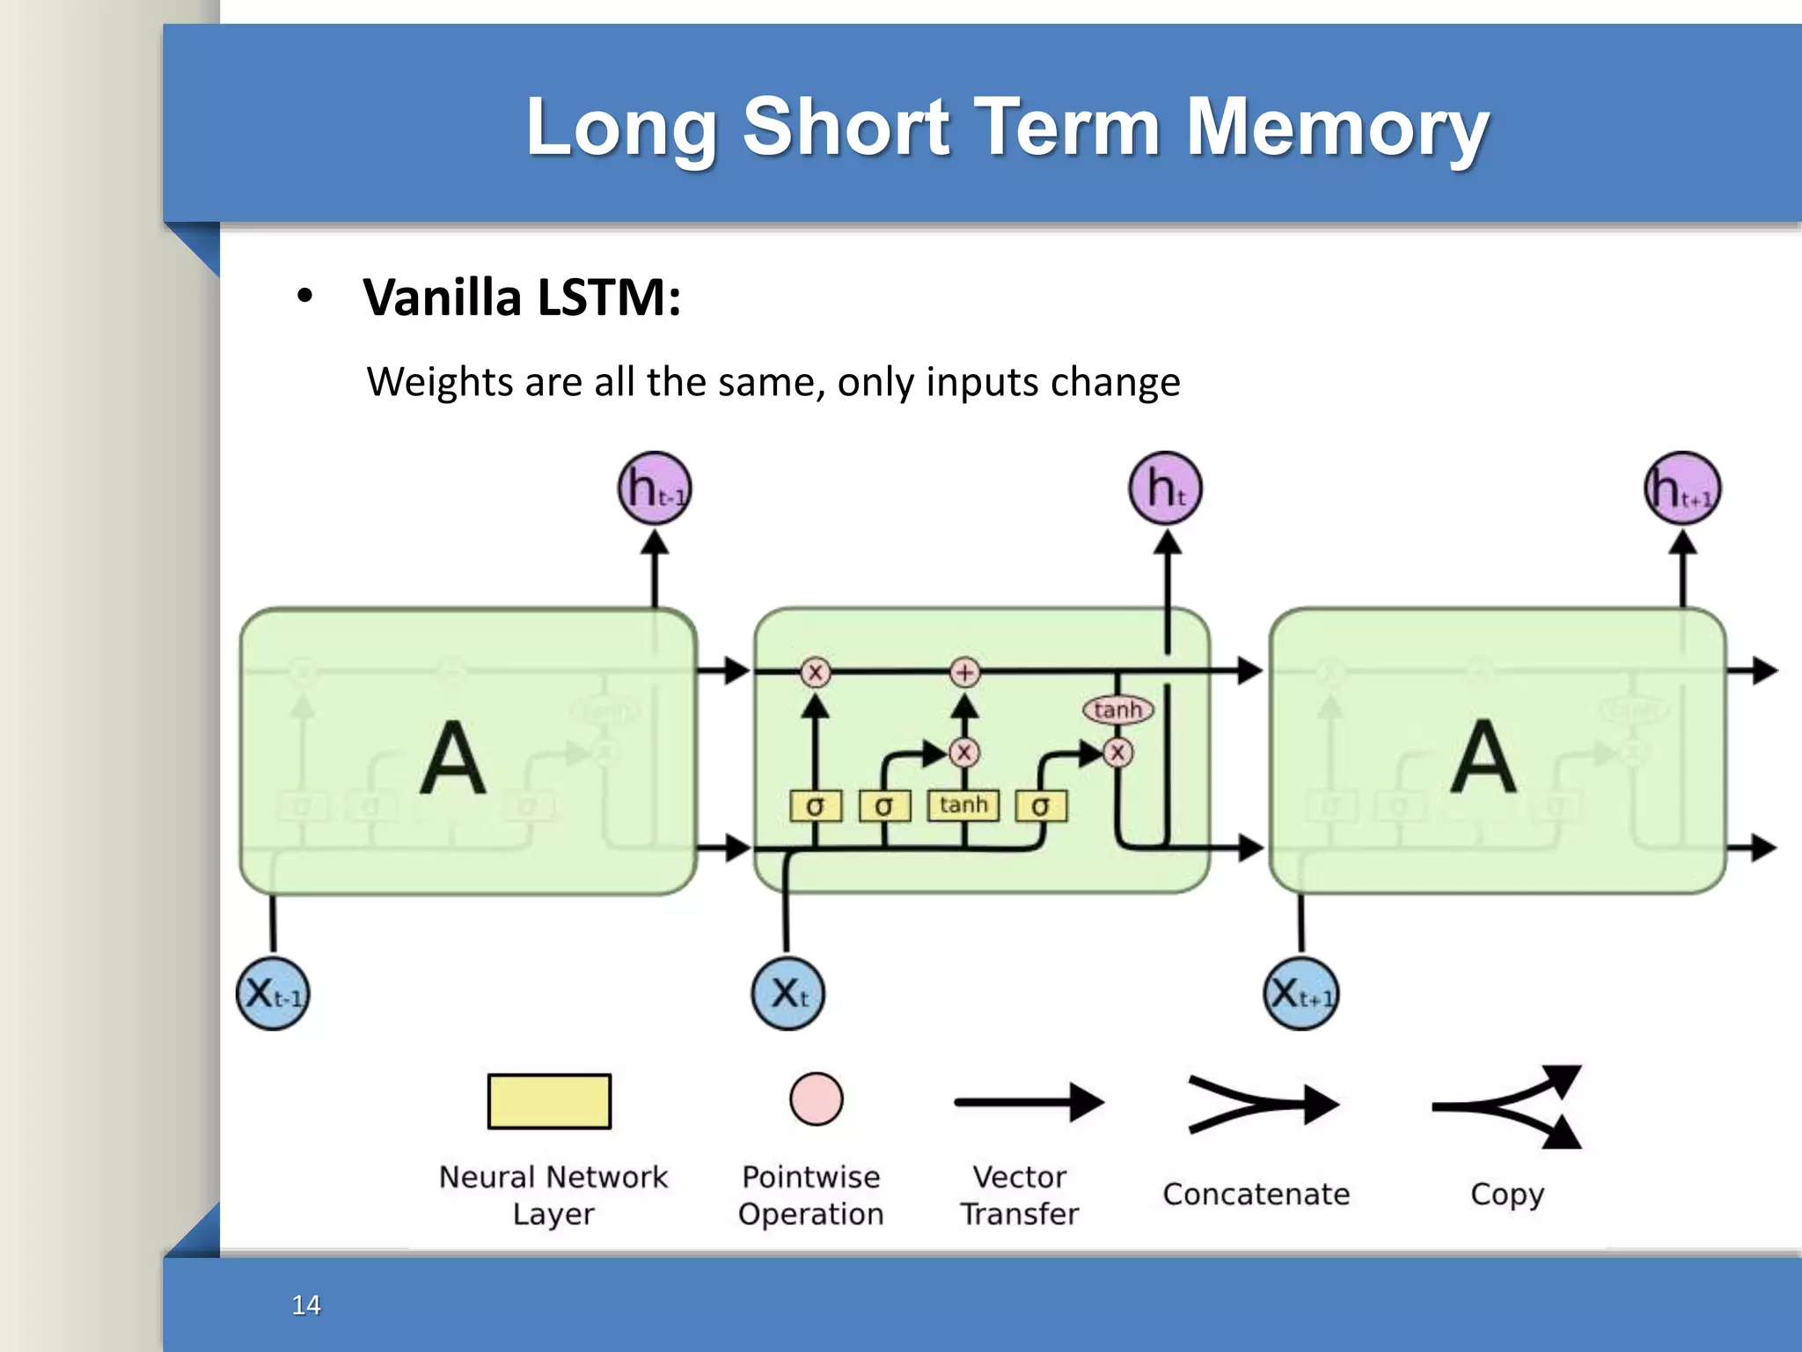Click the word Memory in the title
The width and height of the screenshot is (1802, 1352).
[1337, 128]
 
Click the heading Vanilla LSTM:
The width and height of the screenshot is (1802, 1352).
[522, 298]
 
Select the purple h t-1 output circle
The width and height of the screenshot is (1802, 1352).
[655, 489]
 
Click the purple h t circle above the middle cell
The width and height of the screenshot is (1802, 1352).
[1166, 489]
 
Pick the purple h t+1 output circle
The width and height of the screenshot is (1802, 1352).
[1682, 489]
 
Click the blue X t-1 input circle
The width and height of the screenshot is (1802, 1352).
[273, 994]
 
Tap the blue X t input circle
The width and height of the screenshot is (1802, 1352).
[788, 994]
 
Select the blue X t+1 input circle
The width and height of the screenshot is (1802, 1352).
[1301, 994]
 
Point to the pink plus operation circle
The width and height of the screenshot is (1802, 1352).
[965, 672]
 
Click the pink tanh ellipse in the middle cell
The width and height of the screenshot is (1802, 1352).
[1117, 709]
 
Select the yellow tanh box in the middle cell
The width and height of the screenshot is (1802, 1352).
[963, 805]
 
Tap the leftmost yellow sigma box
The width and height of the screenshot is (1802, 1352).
[816, 805]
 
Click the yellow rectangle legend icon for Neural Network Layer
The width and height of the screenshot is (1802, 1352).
[549, 1101]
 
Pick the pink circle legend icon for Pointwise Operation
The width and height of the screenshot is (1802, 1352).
[816, 1099]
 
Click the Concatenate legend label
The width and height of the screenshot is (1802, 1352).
[1256, 1194]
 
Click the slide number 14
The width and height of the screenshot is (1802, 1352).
[306, 1304]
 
